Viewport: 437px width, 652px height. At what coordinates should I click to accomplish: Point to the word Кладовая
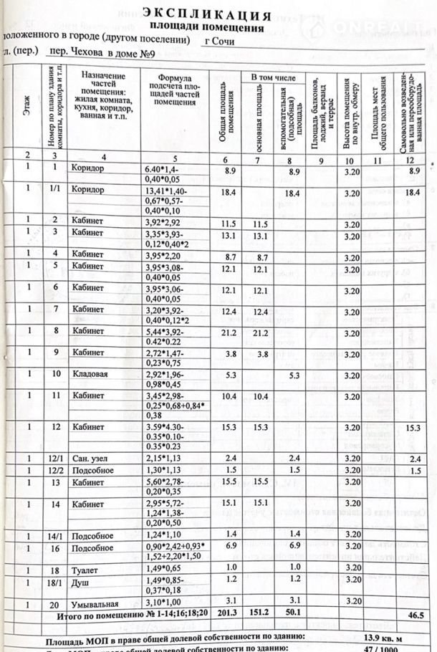[90, 373]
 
